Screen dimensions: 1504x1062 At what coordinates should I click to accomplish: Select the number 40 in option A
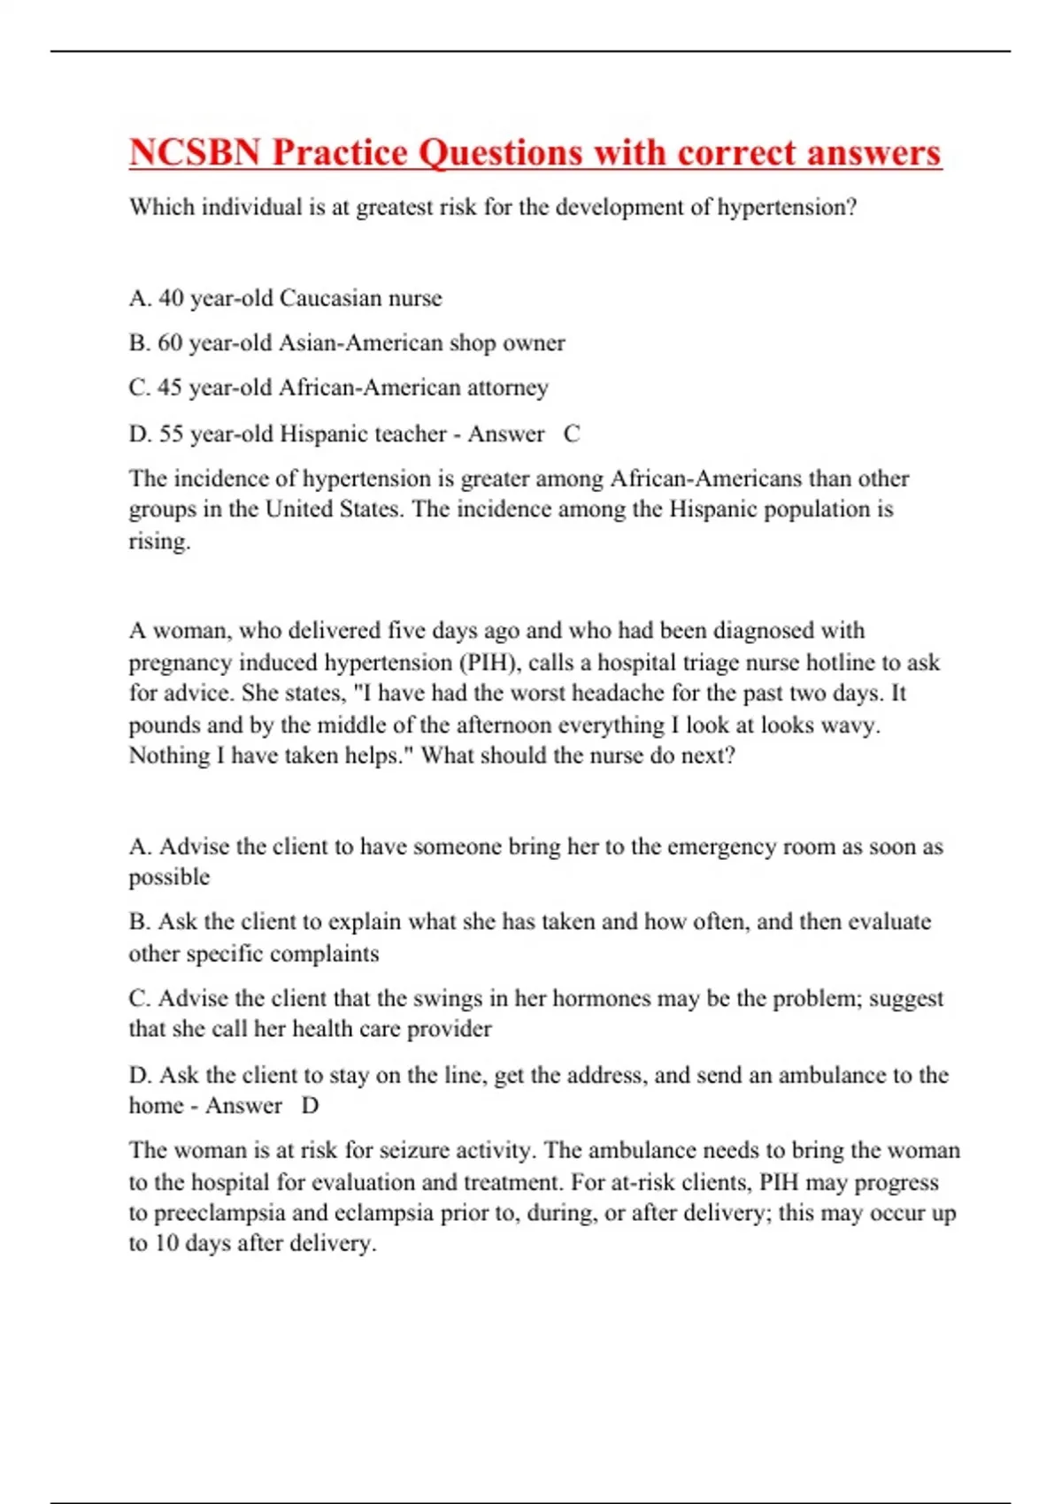pyautogui.click(x=171, y=298)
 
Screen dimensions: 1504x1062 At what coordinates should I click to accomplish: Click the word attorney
pyautogui.click(x=507, y=388)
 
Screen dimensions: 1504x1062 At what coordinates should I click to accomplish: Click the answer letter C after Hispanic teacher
pyautogui.click(x=572, y=434)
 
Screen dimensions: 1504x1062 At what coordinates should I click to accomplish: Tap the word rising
pyautogui.click(x=159, y=541)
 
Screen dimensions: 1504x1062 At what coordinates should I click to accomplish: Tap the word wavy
pyautogui.click(x=849, y=725)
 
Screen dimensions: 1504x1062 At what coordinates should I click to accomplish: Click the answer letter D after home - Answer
pyautogui.click(x=310, y=1106)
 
